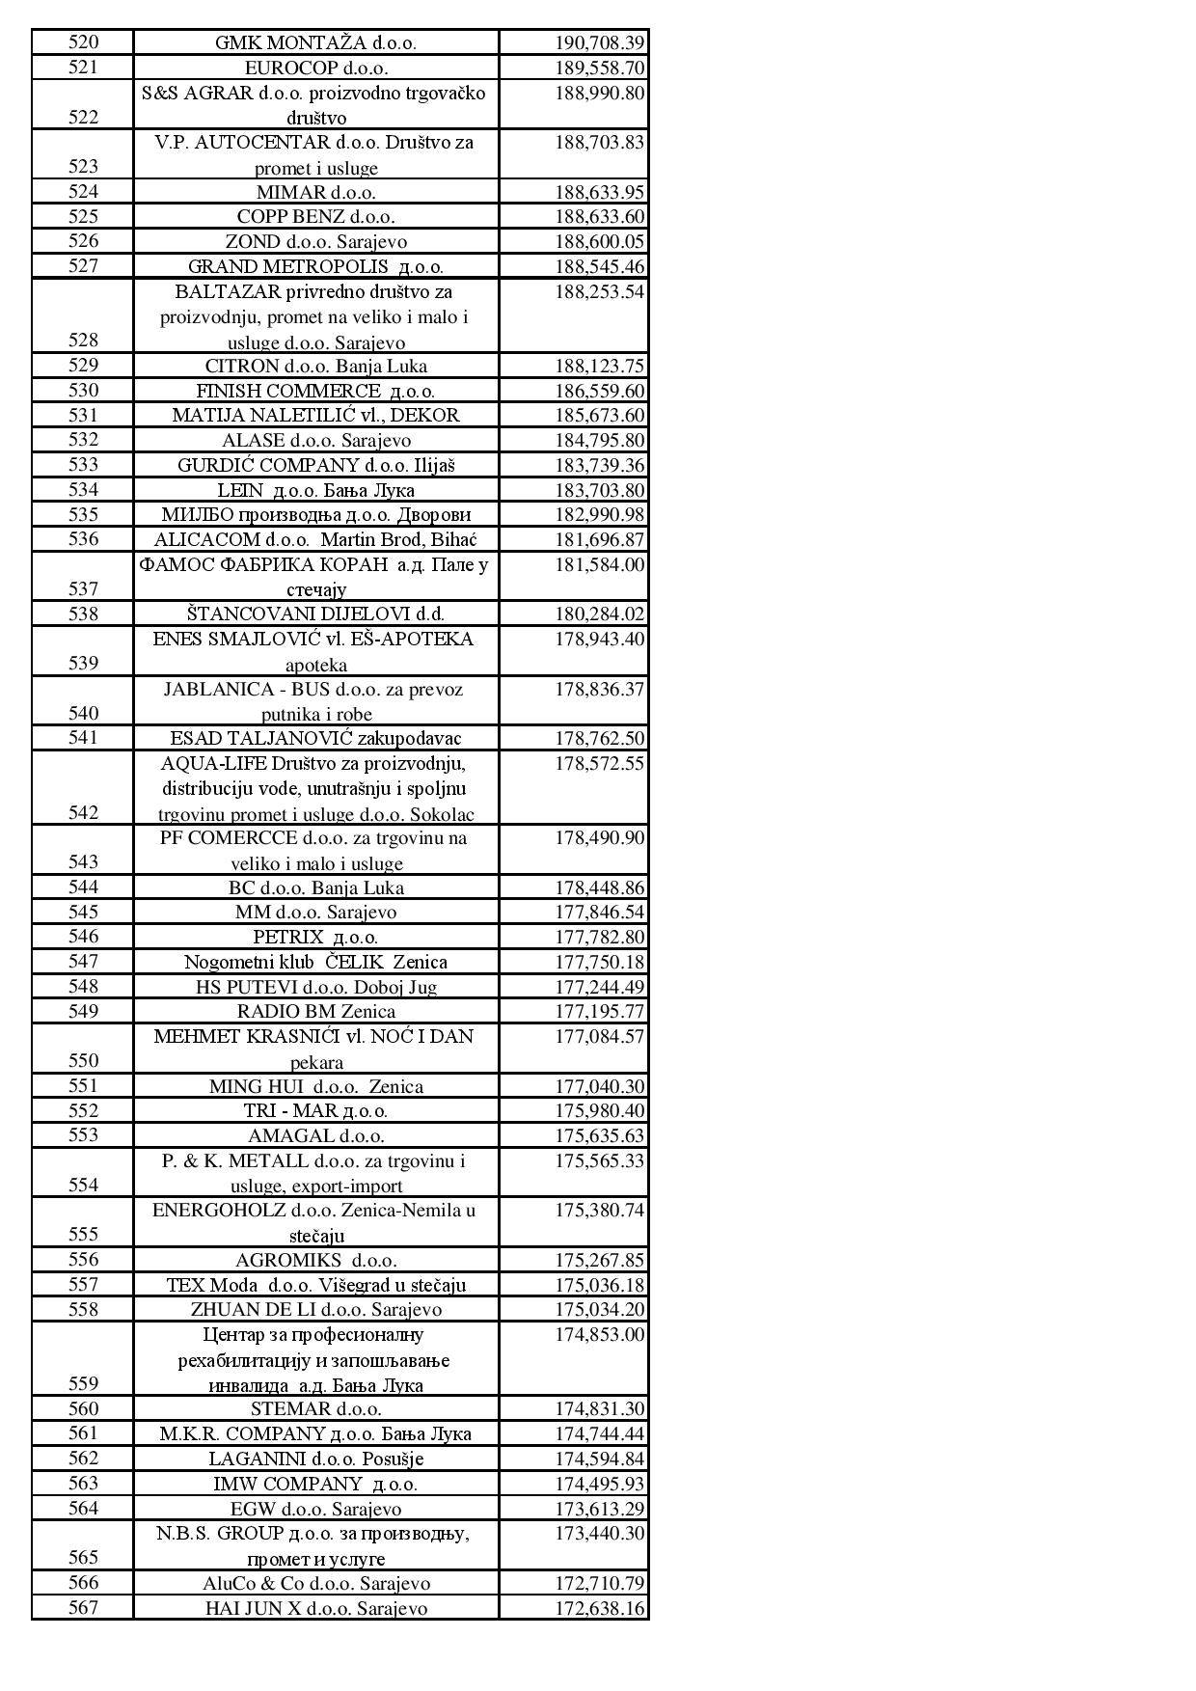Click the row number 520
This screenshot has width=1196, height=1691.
(x=84, y=42)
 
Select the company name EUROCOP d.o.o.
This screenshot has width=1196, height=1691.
(x=316, y=68)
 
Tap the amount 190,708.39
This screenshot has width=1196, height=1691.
(x=599, y=43)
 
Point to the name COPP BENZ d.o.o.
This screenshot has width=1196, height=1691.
(x=316, y=217)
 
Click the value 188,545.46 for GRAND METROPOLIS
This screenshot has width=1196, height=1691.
(x=599, y=267)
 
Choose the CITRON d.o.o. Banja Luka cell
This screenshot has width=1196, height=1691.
(x=316, y=367)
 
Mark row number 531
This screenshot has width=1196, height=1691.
(x=84, y=415)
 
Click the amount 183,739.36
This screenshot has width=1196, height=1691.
(x=599, y=466)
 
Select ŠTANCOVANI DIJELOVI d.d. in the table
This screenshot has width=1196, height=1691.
(x=316, y=614)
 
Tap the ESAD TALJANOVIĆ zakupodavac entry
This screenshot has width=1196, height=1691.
(x=316, y=739)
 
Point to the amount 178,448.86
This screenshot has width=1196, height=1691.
(x=599, y=888)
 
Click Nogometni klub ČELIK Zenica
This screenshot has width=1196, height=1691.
(x=316, y=963)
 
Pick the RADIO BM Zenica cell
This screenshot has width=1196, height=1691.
(x=316, y=1012)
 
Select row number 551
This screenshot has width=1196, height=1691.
(x=84, y=1086)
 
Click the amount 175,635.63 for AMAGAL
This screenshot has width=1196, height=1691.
(x=599, y=1136)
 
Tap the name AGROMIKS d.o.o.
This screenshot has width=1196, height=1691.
(x=316, y=1261)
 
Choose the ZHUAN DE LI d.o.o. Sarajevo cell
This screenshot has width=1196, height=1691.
(x=316, y=1310)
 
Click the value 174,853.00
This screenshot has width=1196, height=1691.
(x=599, y=1335)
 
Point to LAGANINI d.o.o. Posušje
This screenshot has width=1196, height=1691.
(x=316, y=1459)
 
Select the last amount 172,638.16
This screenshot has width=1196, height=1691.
(x=599, y=1609)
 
